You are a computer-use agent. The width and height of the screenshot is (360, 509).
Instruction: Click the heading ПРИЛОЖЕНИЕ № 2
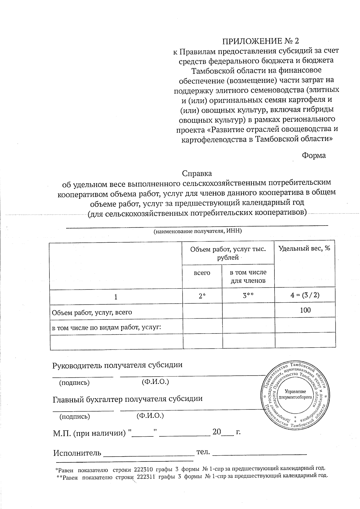point(260,41)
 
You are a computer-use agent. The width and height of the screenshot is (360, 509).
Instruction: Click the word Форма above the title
point(313,156)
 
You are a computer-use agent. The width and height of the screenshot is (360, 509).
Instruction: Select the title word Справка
point(197,173)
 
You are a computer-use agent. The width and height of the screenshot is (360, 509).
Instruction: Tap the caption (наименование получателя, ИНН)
point(197,231)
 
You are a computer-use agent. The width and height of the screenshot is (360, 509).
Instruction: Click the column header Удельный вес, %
point(304,248)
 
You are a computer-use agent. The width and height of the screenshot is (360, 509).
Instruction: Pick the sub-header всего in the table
point(202,273)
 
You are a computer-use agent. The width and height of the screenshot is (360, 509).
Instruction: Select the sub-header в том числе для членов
point(248,277)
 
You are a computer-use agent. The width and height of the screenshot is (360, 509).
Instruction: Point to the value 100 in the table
point(305,310)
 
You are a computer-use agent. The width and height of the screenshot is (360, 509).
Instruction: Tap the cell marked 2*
point(202,296)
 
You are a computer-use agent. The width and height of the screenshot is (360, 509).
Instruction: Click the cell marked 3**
point(248,296)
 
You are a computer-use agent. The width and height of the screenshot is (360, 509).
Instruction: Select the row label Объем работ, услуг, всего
point(92,312)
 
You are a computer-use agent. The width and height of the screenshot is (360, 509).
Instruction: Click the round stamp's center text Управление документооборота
point(295,394)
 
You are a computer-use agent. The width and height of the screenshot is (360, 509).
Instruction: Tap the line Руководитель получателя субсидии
point(118,365)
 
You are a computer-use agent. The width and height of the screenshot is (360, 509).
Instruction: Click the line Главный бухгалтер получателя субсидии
point(127,399)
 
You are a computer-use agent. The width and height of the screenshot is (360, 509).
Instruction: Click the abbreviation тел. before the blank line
point(203,452)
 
